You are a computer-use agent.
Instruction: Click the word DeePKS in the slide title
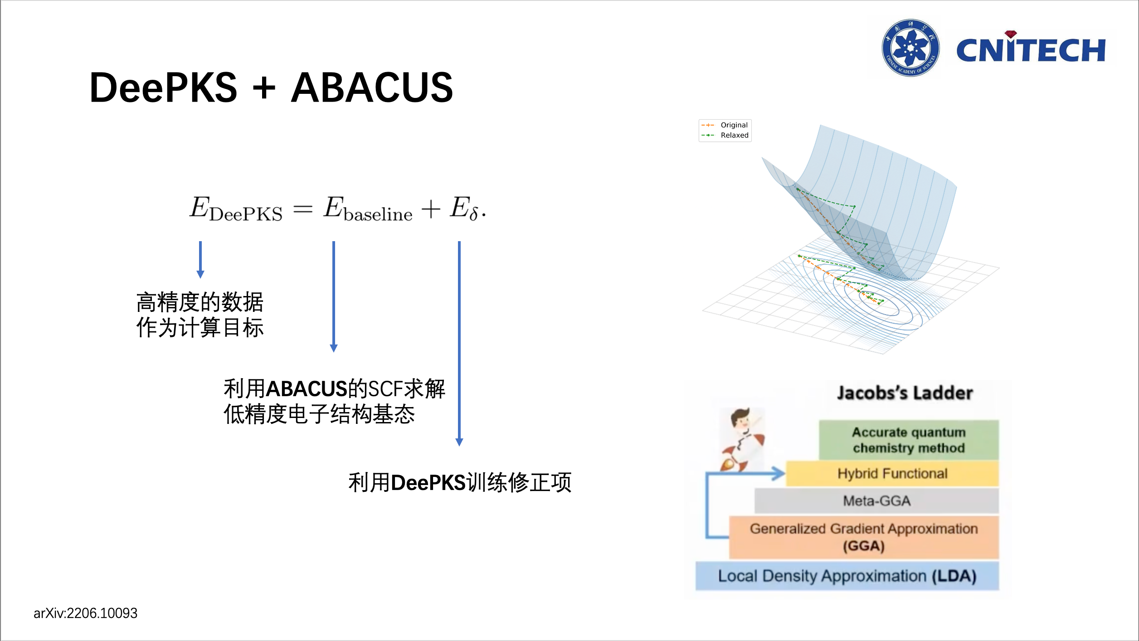click(163, 87)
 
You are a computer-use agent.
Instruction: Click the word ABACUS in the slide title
click(372, 87)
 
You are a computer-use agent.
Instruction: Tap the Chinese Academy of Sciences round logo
click(910, 48)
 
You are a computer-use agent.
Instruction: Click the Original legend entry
click(734, 125)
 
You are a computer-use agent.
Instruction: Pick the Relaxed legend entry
click(734, 135)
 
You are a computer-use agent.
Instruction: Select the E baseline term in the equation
click(368, 209)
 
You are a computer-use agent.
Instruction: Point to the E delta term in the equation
click(465, 209)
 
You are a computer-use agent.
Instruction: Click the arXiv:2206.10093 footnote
click(85, 613)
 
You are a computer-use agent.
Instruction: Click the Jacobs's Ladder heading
click(905, 393)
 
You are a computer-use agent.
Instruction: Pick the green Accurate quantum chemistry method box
click(909, 440)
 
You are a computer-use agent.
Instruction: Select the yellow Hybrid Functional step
click(892, 474)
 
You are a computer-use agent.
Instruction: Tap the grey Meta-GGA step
click(876, 501)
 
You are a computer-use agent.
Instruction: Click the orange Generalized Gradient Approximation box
click(864, 537)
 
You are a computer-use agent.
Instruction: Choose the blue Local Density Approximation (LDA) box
click(847, 576)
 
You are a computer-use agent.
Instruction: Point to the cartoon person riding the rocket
click(743, 439)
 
